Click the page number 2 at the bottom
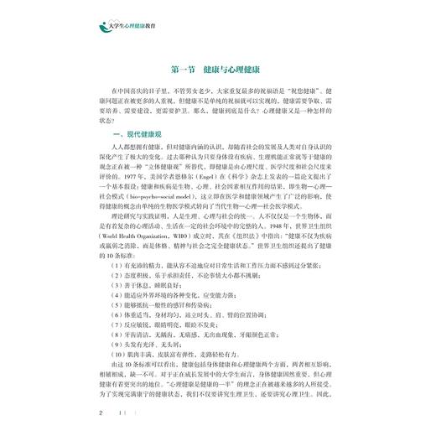101,413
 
